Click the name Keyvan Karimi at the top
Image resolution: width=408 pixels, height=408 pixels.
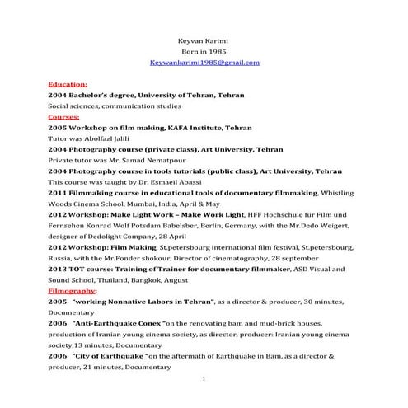click(x=204, y=40)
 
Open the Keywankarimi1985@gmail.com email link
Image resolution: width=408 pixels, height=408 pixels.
click(x=204, y=63)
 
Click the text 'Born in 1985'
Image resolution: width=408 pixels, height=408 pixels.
click(x=204, y=51)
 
